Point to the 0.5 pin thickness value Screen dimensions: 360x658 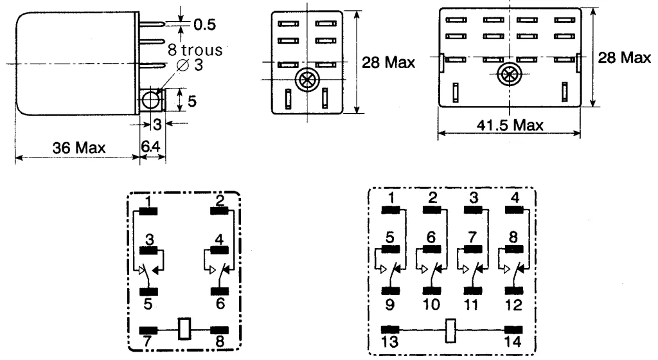(x=205, y=24)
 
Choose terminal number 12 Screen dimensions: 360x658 (x=513, y=301)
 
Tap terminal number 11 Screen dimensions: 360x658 (x=472, y=301)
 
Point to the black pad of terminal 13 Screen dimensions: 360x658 (x=391, y=330)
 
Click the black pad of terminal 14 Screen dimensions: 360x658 (x=513, y=330)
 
